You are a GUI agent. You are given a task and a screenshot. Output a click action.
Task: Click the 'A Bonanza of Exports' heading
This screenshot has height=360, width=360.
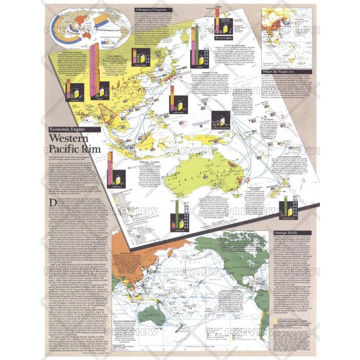click(x=154, y=9)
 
